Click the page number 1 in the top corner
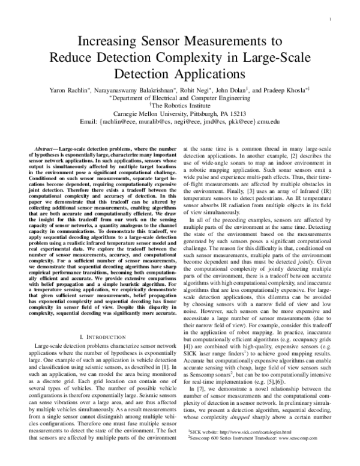[331, 19]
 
